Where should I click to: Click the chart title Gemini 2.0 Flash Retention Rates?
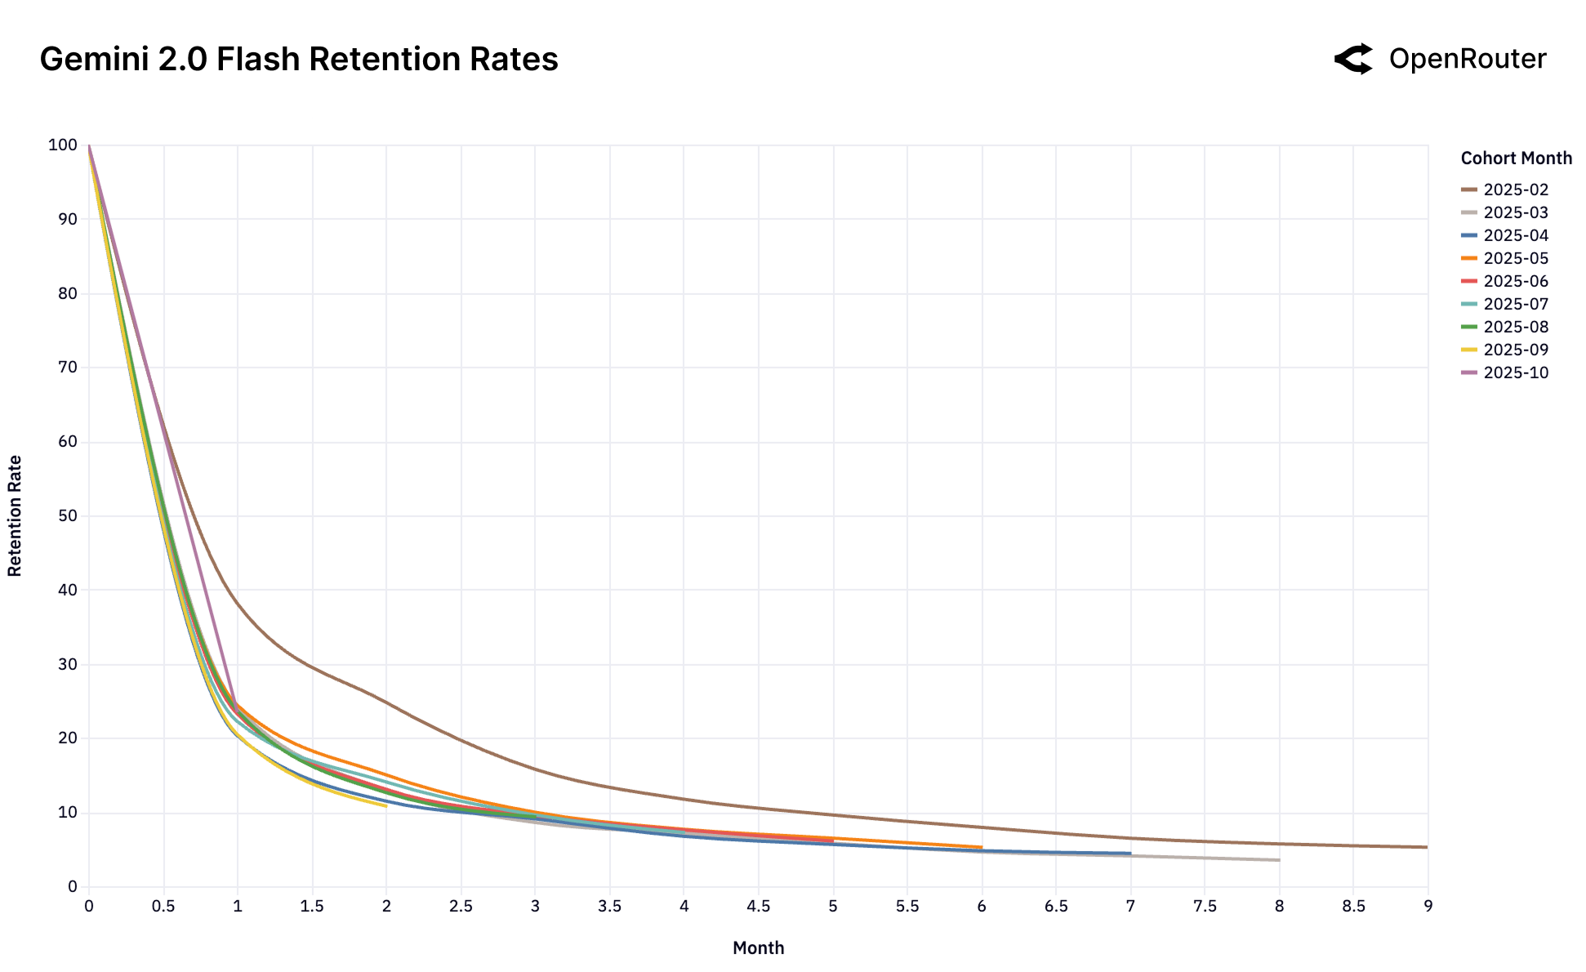299,60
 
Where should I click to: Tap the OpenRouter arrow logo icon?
1354,59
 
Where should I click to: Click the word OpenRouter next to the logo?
1467,59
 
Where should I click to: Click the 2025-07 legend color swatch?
1469,304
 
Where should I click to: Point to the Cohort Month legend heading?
1516,158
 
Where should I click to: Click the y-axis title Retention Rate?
15,516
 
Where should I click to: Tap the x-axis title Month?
758,947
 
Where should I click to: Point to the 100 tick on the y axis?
63,145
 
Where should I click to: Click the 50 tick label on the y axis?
67,516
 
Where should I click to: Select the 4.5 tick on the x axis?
758,906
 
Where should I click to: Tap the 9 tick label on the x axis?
1428,906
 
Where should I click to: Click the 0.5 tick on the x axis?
163,906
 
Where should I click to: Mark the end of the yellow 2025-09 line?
385,806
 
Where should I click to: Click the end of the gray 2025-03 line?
1278,859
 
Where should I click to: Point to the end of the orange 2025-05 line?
981,847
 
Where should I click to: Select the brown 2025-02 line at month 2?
386,702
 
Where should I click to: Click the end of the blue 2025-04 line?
1129,853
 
